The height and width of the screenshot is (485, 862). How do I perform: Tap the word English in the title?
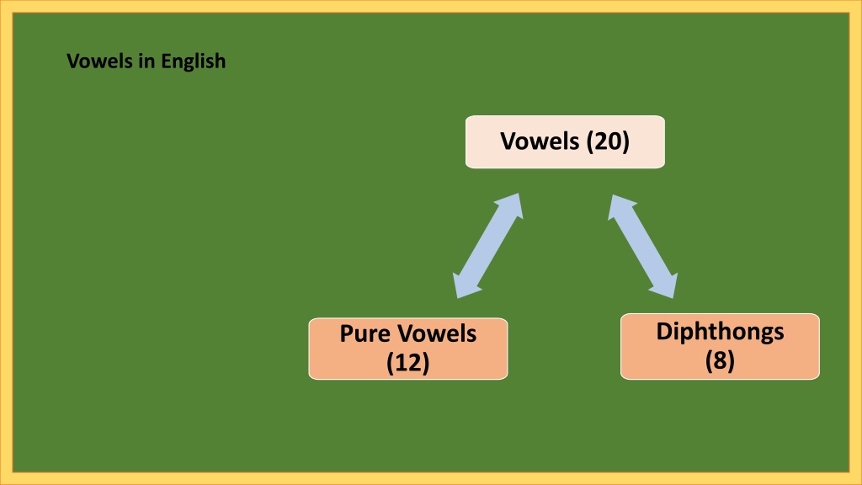coord(193,61)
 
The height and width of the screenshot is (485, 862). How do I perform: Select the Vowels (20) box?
coord(565,141)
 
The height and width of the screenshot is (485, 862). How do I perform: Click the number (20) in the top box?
coord(608,141)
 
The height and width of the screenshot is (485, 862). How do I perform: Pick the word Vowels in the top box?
coord(540,141)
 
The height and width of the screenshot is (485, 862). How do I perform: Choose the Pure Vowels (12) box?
coord(408,349)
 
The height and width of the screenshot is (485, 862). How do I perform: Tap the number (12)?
coord(408,362)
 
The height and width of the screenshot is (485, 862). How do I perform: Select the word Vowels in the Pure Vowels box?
coord(437,333)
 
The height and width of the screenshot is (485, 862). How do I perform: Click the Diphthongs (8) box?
coord(721,346)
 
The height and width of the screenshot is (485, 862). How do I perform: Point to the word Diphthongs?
coord(721,333)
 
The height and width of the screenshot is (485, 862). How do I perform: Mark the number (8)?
coord(721,360)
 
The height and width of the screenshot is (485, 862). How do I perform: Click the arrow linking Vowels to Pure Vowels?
coord(487,246)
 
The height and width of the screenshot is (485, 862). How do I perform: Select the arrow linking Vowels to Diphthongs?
coord(642,246)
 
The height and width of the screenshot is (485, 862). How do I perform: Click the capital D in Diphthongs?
coord(664,331)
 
